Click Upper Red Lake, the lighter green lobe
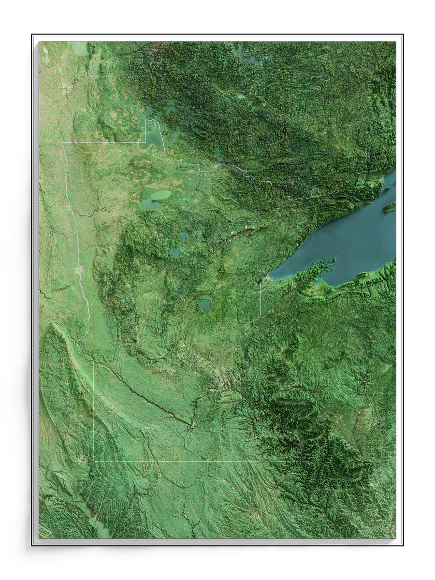(x=161, y=195)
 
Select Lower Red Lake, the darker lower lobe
(x=150, y=205)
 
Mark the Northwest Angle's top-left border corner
(x=146, y=120)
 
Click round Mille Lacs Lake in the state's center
(x=205, y=305)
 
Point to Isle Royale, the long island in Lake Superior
(x=389, y=207)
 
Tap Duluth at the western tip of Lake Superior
(x=267, y=279)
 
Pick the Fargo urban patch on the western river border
(x=78, y=270)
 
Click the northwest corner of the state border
(x=62, y=143)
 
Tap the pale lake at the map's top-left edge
(x=80, y=48)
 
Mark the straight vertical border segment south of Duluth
(x=260, y=300)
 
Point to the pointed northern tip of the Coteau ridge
(x=52, y=325)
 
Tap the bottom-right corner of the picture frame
(x=403, y=545)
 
